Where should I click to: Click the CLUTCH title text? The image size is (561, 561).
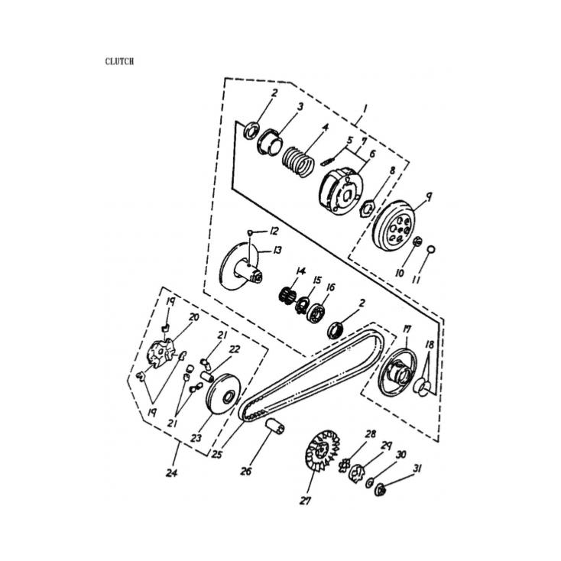click(x=119, y=62)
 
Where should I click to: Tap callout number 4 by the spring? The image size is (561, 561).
click(x=326, y=128)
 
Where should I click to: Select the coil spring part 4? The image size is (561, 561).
click(x=298, y=161)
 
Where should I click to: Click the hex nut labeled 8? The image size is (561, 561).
click(x=368, y=208)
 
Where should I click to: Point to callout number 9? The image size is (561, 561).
click(x=428, y=196)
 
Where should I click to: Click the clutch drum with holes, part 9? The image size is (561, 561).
click(x=394, y=225)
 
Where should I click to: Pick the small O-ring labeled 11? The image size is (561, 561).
click(x=431, y=248)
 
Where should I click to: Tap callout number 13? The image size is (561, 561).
click(x=277, y=250)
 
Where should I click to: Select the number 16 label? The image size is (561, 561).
click(x=330, y=287)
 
